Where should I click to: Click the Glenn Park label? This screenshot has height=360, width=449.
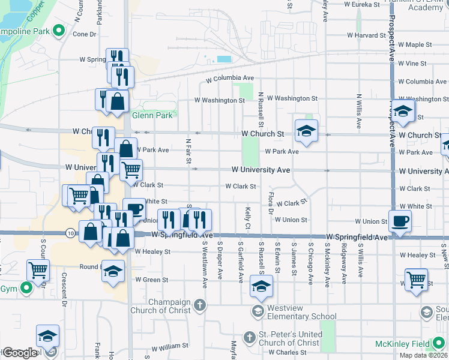pos(136,115)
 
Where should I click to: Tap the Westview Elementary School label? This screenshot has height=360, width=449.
pos(302,316)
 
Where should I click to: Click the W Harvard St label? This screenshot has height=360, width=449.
pos(365,35)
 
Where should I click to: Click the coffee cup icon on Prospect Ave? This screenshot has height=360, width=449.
pos(400,221)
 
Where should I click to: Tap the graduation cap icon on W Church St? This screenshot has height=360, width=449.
pos(306,131)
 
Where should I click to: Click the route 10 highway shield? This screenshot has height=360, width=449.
pos(71,232)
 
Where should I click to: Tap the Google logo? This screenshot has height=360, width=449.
pos(20,352)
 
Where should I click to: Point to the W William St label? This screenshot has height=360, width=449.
pos(170,346)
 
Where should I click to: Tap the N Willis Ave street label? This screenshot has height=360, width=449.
pos(358,112)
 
